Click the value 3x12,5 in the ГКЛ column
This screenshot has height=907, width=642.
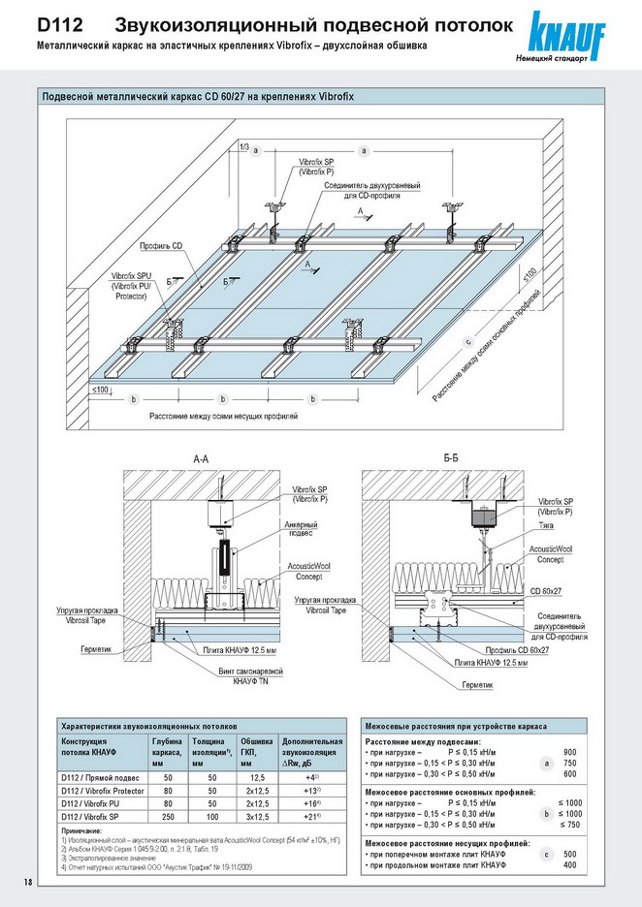tap(256, 818)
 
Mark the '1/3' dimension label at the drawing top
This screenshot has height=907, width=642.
tap(241, 146)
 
